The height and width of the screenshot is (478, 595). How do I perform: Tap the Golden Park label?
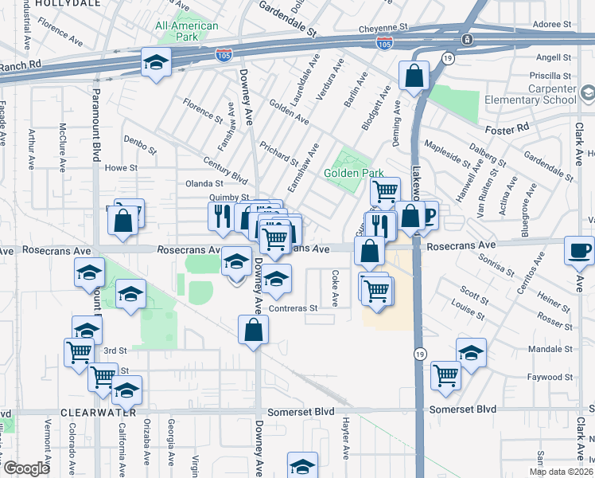pos(354,173)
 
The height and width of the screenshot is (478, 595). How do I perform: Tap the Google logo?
pos(25,468)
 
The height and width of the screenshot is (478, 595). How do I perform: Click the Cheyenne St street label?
pos(383,26)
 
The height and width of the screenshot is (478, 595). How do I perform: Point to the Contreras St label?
pos(294,308)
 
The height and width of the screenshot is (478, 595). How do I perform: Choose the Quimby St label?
pos(229,197)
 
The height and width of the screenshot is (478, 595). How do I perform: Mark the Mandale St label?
pos(550,349)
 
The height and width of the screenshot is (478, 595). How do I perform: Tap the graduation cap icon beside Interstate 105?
pos(156,62)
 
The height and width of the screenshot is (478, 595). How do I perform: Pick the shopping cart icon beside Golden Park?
pos(385,190)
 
